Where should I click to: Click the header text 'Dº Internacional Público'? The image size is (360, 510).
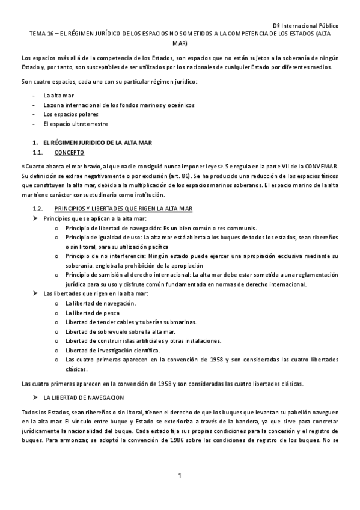(305, 27)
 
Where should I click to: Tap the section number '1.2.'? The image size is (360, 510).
(38, 207)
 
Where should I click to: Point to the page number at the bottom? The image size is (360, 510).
(179, 476)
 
